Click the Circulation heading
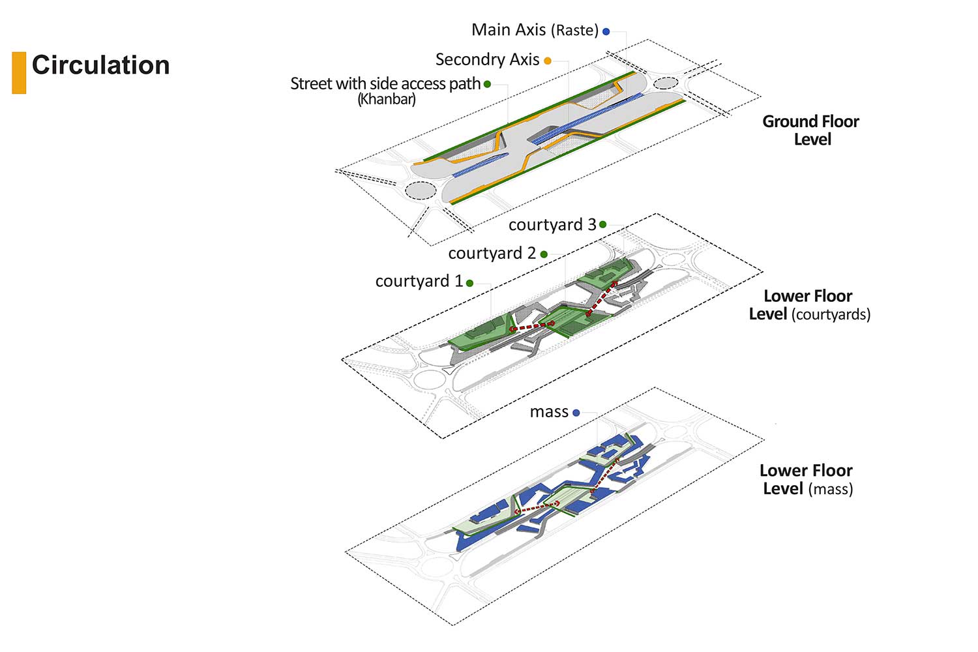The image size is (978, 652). tap(100, 65)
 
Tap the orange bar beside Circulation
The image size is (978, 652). tap(19, 72)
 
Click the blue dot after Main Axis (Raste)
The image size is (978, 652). tap(606, 31)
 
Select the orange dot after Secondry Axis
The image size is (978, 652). tap(548, 61)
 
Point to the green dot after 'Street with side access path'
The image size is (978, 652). tap(487, 84)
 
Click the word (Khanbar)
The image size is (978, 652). tap(387, 100)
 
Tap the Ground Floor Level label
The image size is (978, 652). tap(811, 130)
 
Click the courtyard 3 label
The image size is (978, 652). tap(552, 225)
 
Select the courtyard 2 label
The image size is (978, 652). tap(492, 253)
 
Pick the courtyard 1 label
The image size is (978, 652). tap(419, 281)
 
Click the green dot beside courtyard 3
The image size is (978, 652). tap(602, 224)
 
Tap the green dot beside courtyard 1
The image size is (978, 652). tap(469, 283)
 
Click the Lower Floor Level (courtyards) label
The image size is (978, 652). tap(809, 305)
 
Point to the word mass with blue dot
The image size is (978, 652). tap(549, 412)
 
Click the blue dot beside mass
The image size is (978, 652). tap(576, 413)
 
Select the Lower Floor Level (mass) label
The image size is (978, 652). tap(807, 480)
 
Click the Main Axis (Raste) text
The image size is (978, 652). tap(534, 30)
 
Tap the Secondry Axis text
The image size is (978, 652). tap(487, 60)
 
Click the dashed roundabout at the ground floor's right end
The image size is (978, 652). tap(666, 83)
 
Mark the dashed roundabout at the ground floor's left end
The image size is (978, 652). tap(420, 190)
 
